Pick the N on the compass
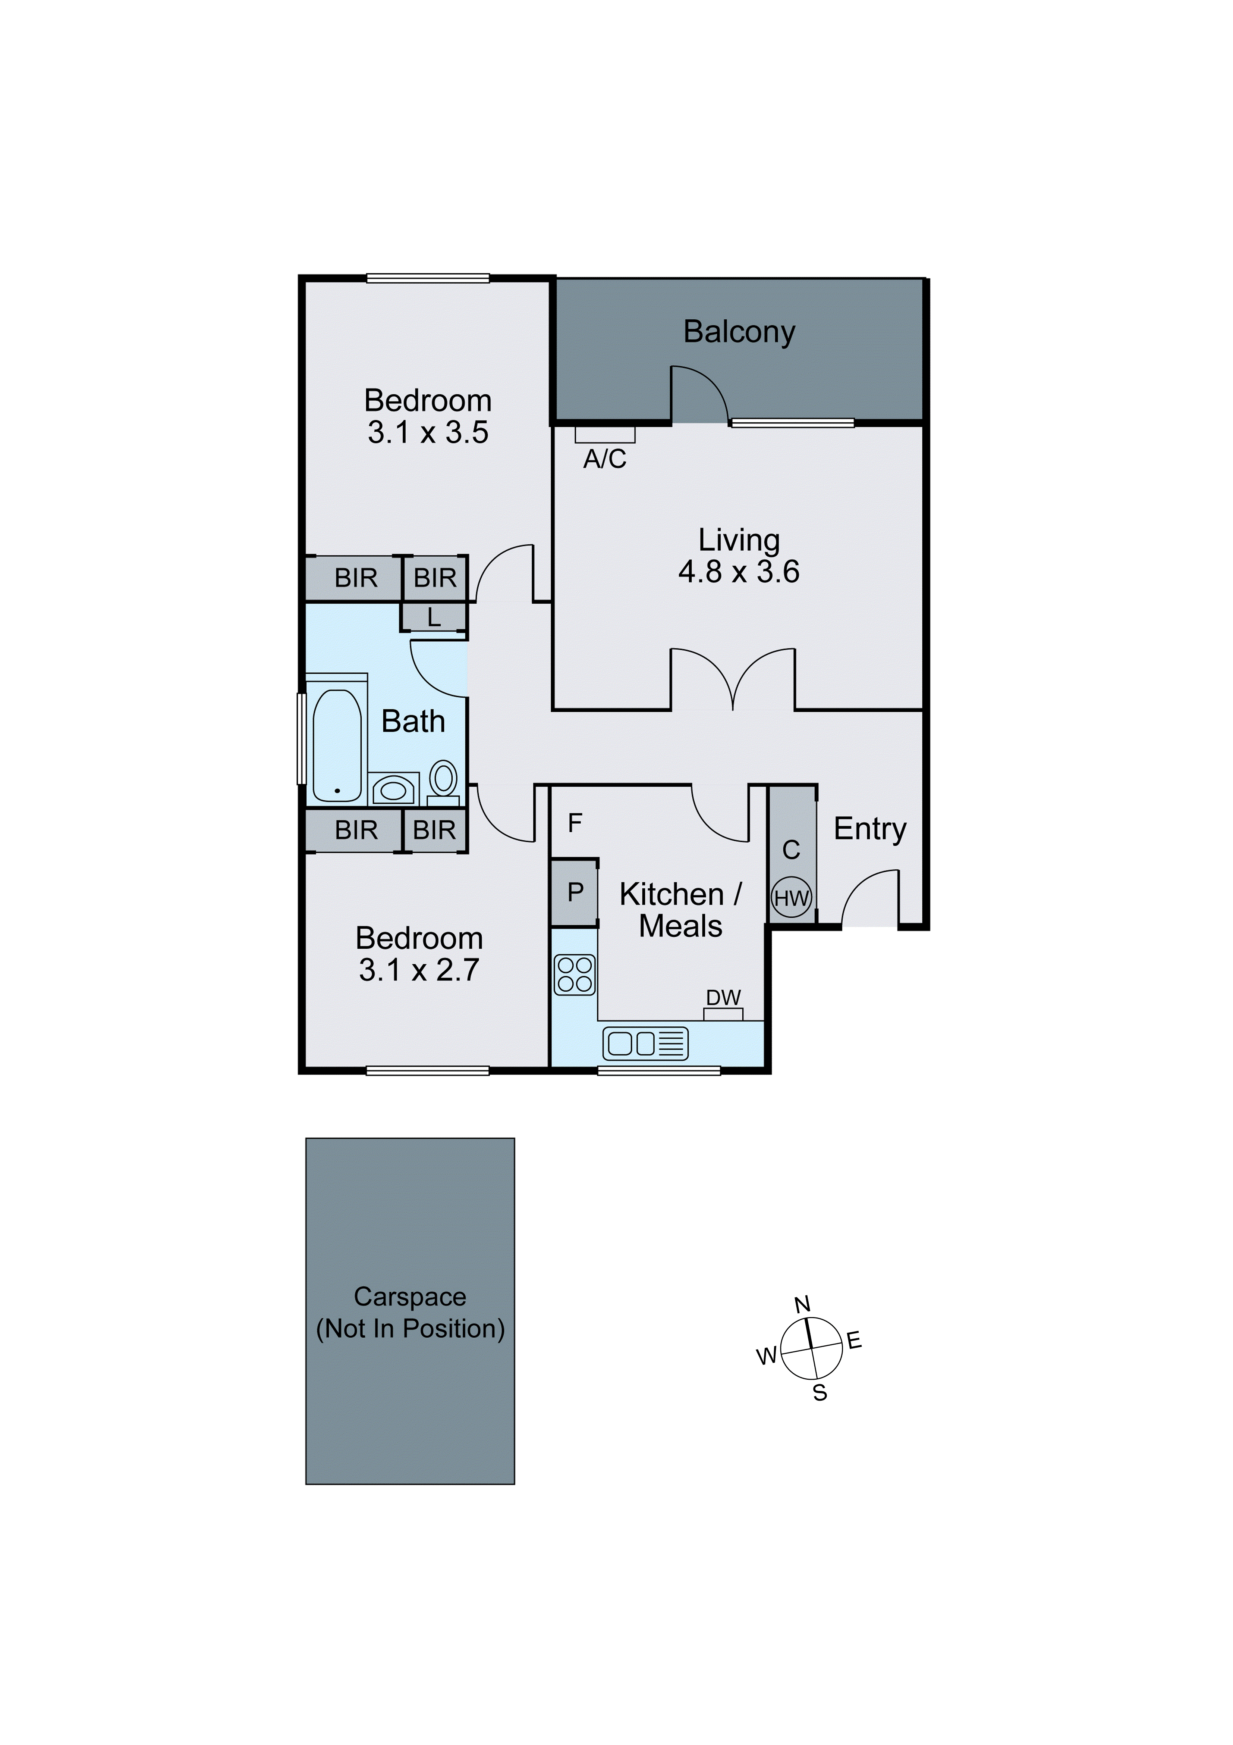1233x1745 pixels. point(802,1305)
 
